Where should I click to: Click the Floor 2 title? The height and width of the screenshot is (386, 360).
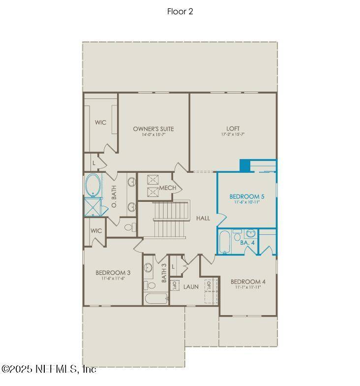click(x=180, y=11)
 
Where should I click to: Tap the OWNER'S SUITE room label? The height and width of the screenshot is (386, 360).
click(x=153, y=129)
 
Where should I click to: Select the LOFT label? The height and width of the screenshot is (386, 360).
click(x=233, y=129)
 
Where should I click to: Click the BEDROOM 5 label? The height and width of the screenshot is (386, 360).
click(x=247, y=196)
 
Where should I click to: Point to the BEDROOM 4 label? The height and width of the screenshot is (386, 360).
click(x=248, y=282)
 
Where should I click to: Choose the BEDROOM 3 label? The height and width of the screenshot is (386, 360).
click(x=113, y=273)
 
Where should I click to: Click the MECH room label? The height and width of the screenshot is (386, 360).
click(x=164, y=189)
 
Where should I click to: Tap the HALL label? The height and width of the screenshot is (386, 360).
click(x=203, y=218)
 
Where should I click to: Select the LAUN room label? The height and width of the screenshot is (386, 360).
click(x=191, y=286)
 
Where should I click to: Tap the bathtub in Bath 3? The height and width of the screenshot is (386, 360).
click(x=155, y=298)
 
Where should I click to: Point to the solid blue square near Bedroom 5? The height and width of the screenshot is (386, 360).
click(x=245, y=165)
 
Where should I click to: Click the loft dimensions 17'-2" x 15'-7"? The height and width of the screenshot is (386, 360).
click(x=233, y=134)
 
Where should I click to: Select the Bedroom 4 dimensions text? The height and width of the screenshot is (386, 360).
click(x=248, y=287)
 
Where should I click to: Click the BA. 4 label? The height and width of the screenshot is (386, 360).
click(x=247, y=242)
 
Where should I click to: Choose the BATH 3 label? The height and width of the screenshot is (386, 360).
click(x=164, y=272)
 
